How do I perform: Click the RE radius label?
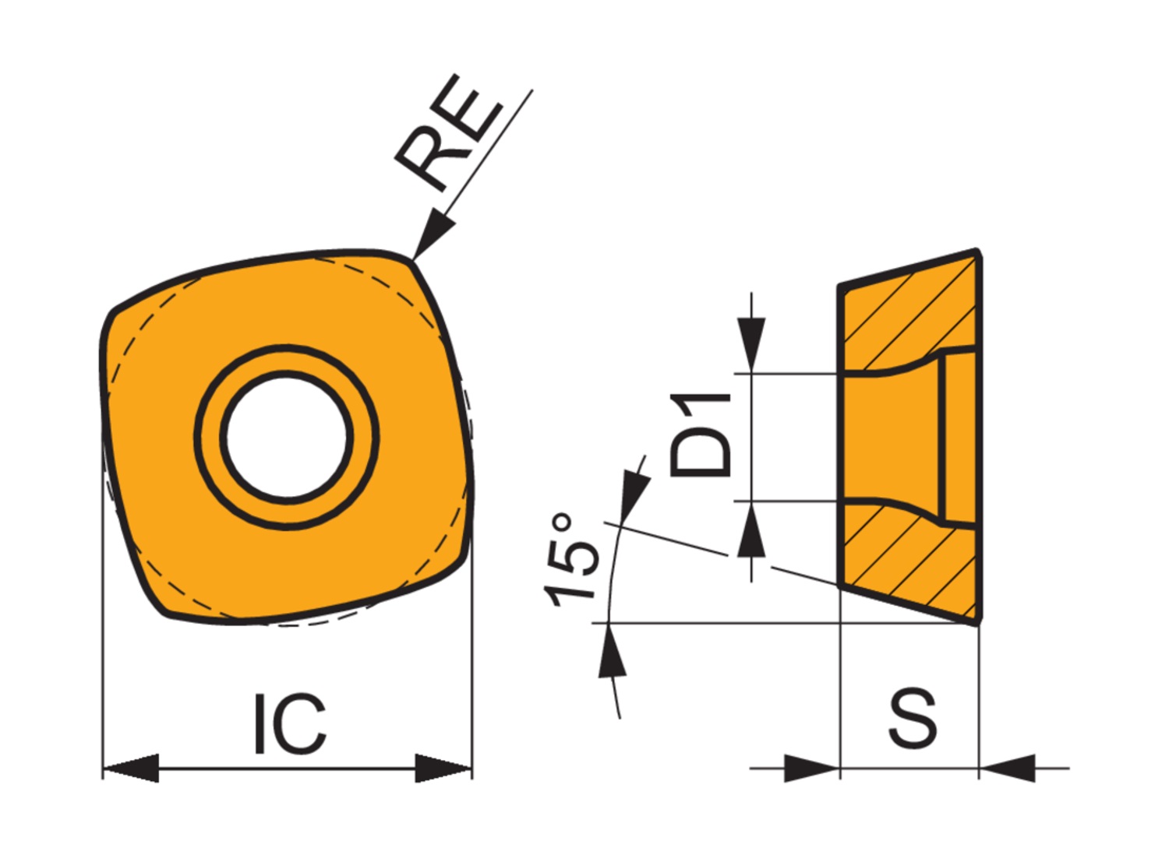tap(450, 132)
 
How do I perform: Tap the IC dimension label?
tap(291, 724)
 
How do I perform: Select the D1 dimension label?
tap(701, 436)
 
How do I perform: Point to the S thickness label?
tap(913, 718)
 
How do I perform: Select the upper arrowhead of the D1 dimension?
tap(751, 345)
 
